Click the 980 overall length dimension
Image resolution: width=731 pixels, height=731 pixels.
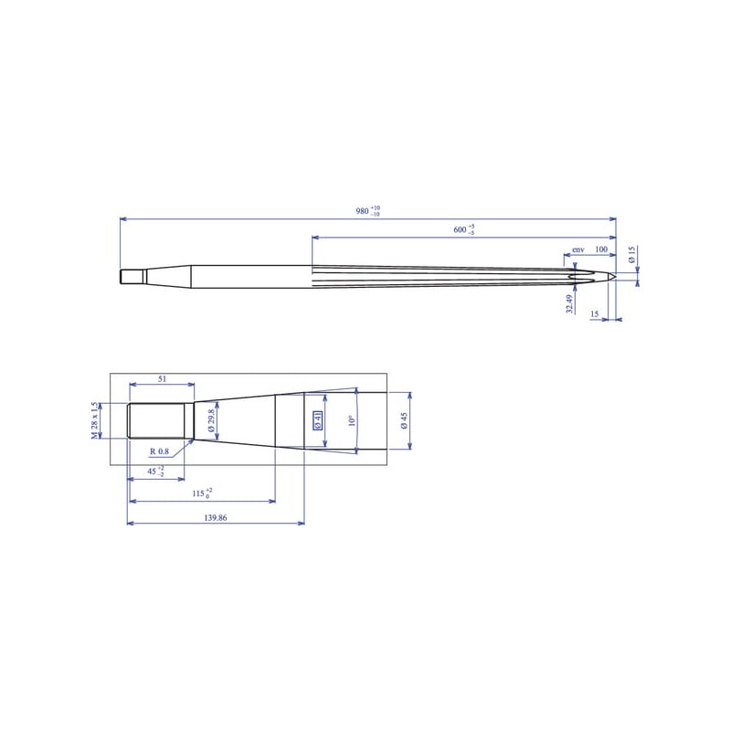click(368, 211)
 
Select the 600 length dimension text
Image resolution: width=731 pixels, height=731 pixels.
click(464, 229)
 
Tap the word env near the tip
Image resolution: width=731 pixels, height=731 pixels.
click(578, 249)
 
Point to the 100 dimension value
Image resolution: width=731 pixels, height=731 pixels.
click(601, 249)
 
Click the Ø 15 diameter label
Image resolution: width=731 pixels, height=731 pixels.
click(632, 254)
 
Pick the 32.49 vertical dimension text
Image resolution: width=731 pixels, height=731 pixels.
click(569, 304)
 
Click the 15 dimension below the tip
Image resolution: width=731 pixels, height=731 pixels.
click(595, 314)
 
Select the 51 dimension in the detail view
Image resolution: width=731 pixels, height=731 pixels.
click(162, 379)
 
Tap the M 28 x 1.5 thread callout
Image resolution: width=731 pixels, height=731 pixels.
click(95, 420)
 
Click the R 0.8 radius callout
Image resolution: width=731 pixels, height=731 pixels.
click(159, 451)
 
